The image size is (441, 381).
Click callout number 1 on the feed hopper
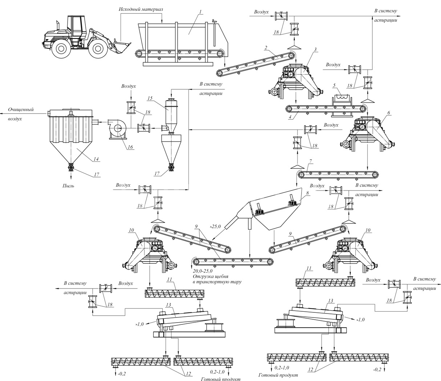(200, 12)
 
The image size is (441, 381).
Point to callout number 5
(334, 85)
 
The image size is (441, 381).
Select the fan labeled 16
(117, 130)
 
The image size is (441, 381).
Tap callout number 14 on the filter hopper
(96, 159)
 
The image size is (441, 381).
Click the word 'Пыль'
(68, 186)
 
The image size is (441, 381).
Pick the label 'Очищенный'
(21, 109)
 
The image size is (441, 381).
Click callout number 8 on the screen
(307, 193)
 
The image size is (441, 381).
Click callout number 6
(389, 113)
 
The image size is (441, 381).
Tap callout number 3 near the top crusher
(315, 49)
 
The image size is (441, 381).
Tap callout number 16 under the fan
(130, 147)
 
